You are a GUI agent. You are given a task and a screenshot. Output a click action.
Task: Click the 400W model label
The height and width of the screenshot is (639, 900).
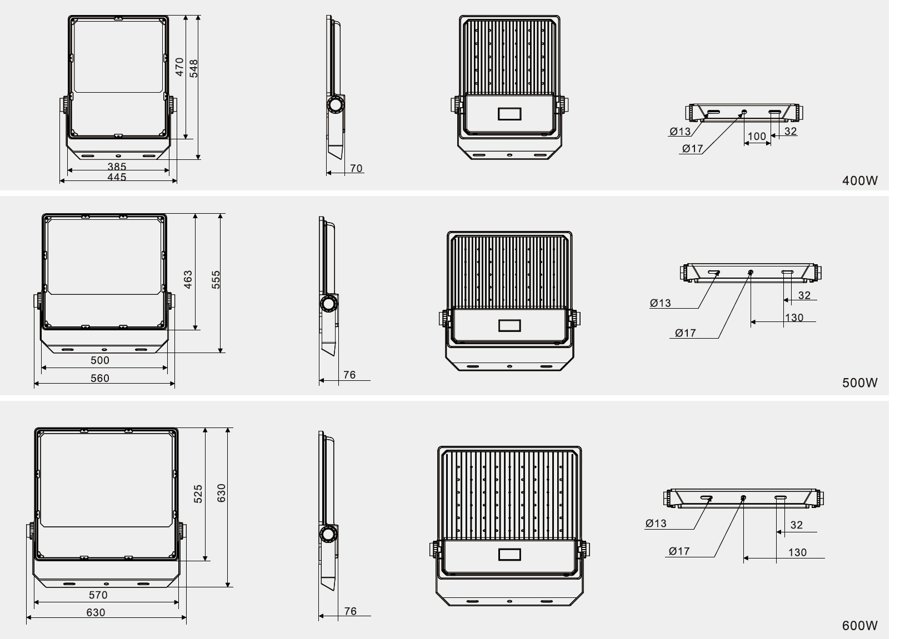click(x=860, y=180)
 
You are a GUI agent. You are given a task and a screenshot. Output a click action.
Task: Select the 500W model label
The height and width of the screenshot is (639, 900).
click(x=860, y=383)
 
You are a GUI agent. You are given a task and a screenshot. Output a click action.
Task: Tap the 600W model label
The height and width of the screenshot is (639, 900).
click(x=860, y=625)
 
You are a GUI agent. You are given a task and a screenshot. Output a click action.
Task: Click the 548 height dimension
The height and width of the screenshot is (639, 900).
click(x=194, y=68)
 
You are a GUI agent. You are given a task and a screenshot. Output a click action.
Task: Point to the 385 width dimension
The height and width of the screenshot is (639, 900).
click(x=117, y=166)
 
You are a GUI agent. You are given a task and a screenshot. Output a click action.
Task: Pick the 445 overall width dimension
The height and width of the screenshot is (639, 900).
click(x=117, y=177)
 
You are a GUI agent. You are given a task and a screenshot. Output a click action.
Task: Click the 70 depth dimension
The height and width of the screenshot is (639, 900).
click(x=356, y=168)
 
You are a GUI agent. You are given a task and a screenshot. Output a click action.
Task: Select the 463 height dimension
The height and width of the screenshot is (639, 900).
click(x=188, y=279)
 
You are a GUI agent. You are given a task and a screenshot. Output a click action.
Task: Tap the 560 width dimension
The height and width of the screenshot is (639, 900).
click(x=99, y=378)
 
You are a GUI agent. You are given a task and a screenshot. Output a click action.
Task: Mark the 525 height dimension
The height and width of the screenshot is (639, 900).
click(x=198, y=494)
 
